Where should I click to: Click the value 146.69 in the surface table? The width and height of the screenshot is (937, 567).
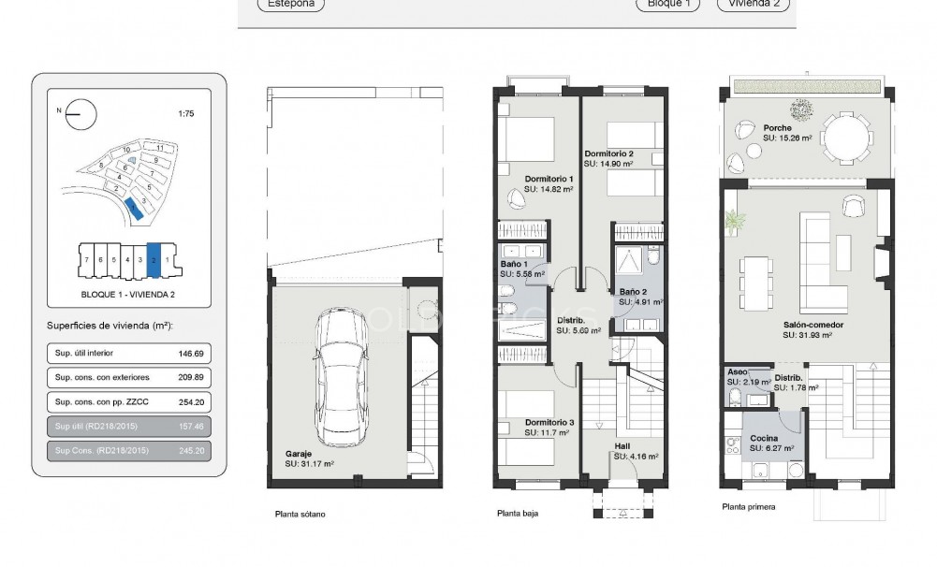[x=190, y=354]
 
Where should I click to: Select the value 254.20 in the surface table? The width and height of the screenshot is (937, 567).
[x=190, y=401]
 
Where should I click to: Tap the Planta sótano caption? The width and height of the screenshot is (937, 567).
[x=300, y=514]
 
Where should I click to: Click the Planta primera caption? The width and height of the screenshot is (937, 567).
[x=749, y=507]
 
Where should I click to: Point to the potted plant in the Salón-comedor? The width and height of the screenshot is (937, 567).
[x=735, y=222]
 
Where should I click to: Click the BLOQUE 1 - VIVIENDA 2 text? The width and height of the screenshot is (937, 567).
[x=128, y=294]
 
